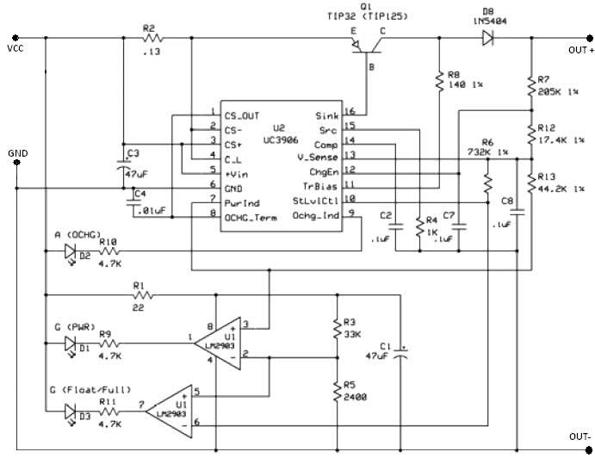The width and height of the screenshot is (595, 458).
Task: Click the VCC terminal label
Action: point(15,49)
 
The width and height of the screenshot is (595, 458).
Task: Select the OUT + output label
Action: point(580,50)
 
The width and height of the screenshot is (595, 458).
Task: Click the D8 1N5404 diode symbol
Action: point(488,38)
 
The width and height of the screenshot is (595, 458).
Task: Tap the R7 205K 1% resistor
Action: point(531,85)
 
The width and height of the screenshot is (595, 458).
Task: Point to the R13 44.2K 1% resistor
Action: point(531,182)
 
